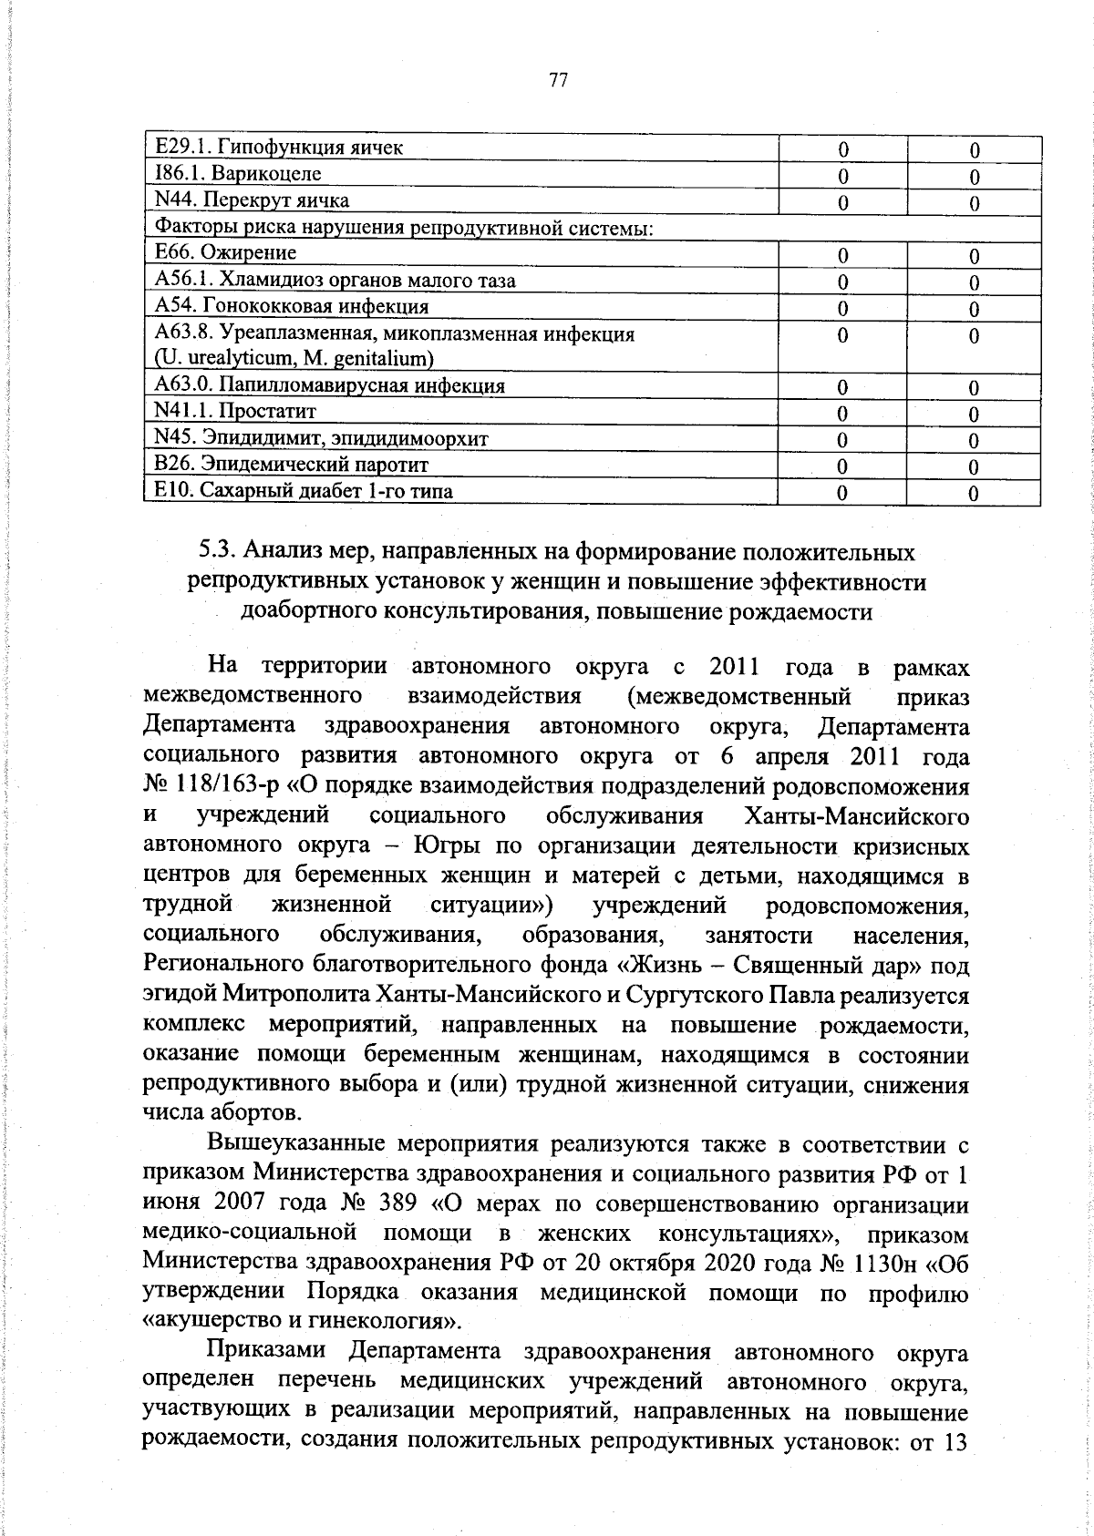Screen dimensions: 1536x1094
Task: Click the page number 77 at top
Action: pos(559,81)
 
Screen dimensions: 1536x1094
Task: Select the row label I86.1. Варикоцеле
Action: pos(238,174)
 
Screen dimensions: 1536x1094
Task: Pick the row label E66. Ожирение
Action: pos(225,253)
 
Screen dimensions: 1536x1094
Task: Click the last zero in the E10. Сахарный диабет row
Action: pos(974,494)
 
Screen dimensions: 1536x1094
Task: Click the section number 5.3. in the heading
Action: pos(217,553)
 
